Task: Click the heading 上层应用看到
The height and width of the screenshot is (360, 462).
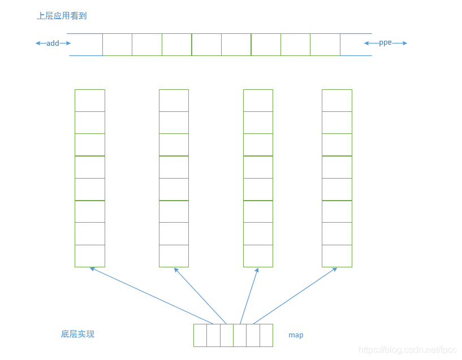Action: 62,16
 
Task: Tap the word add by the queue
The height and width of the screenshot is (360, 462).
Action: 53,43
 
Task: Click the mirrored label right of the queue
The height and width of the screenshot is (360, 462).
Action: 385,43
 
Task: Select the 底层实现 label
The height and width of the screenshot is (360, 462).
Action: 77,334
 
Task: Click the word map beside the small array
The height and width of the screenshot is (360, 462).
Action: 296,335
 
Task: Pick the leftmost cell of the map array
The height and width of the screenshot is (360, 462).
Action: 200,335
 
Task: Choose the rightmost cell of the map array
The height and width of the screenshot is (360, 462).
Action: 266,335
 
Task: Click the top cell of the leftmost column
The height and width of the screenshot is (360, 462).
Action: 90,101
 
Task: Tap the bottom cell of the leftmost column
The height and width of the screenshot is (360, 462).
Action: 90,255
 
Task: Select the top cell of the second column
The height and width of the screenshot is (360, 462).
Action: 174,101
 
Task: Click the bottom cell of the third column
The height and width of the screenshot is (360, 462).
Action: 258,255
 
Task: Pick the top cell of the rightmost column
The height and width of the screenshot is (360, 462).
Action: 336,101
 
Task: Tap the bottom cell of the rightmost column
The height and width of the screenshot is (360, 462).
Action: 336,255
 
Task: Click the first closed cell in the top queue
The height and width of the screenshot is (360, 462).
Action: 117,45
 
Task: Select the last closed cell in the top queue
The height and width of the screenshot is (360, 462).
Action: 325,45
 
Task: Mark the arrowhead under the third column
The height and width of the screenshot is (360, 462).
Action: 257,270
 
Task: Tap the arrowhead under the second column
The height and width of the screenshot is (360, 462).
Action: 176,270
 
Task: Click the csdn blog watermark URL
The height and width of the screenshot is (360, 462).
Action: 407,350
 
